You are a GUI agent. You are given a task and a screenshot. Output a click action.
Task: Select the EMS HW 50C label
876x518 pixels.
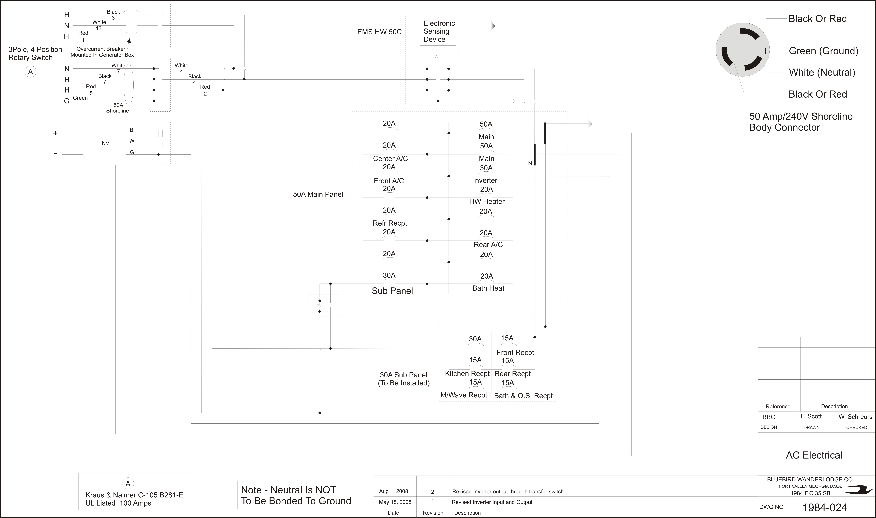pos(379,32)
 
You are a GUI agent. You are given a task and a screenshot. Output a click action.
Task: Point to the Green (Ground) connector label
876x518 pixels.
pos(823,51)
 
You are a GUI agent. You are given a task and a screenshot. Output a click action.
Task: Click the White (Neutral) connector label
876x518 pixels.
pos(822,72)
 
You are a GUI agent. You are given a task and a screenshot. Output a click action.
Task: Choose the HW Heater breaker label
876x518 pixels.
pos(487,201)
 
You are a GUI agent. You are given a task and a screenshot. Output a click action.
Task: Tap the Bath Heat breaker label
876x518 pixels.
pos(488,288)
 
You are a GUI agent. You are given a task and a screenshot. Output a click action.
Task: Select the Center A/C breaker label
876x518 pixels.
pos(390,158)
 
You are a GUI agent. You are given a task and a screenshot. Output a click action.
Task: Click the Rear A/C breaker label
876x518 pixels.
pos(488,245)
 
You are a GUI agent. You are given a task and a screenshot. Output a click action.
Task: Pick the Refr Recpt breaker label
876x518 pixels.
pos(390,223)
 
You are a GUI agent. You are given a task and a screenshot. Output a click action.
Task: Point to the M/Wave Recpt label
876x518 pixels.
pos(464,395)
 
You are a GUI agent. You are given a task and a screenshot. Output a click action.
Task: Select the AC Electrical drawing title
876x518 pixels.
pos(814,455)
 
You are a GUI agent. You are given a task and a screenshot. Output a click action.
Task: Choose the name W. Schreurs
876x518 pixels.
pos(855,417)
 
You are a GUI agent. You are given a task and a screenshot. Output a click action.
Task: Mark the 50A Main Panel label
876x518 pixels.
pos(318,194)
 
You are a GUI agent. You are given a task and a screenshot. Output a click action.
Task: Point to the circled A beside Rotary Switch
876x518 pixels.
pos(30,72)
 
